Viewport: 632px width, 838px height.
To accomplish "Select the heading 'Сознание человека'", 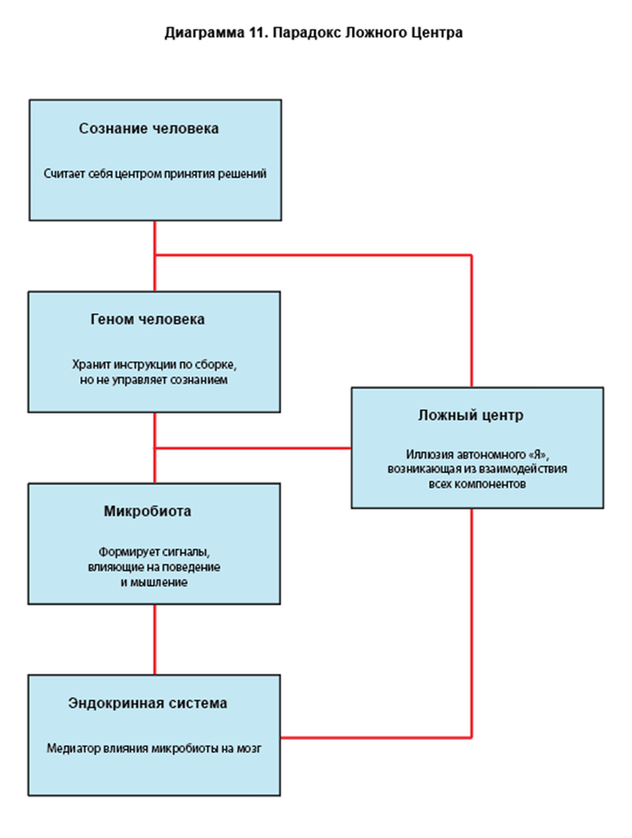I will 149,129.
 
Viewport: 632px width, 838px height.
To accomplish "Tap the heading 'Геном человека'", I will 147,320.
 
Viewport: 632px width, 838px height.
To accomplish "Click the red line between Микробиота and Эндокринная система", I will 154,638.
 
